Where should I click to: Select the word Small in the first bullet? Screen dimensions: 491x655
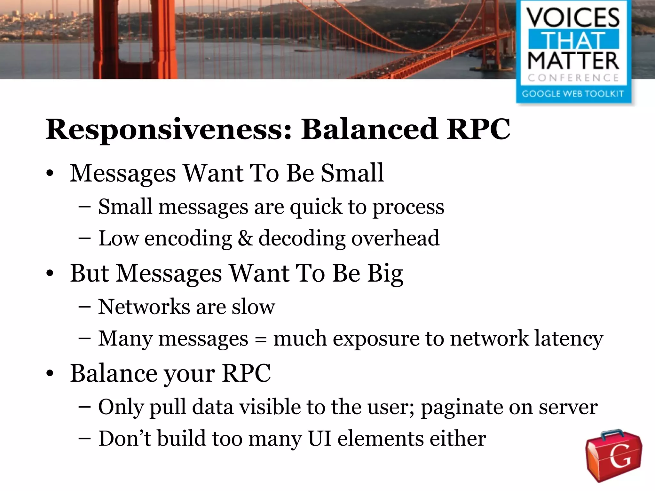click(x=352, y=173)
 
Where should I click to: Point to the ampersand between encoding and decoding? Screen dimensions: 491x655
click(x=245, y=238)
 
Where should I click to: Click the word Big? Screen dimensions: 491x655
click(x=385, y=274)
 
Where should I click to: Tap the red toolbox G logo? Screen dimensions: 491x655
click(x=613, y=456)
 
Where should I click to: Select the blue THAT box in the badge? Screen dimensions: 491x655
click(x=573, y=40)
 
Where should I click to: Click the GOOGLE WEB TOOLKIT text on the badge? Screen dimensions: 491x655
click(x=573, y=94)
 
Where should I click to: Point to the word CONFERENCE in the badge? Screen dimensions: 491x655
click(x=573, y=78)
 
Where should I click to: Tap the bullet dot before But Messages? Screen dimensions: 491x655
click(x=50, y=274)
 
